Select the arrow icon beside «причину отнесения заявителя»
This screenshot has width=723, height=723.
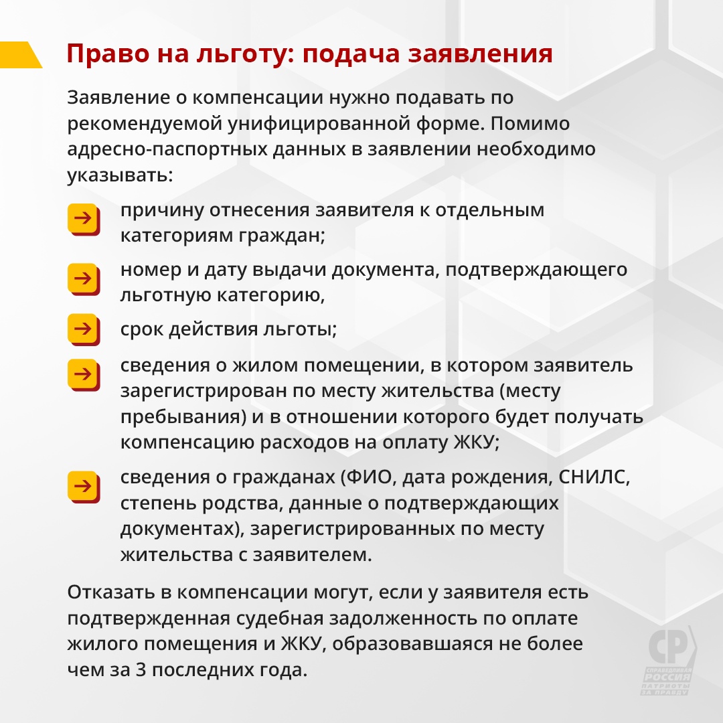pyautogui.click(x=84, y=220)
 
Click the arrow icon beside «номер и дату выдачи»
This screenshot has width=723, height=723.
pyautogui.click(x=84, y=279)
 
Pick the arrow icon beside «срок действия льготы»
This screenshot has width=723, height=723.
pyautogui.click(x=84, y=329)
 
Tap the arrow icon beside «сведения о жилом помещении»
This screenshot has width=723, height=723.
pyautogui.click(x=84, y=375)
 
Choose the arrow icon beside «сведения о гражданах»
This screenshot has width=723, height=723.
pyautogui.click(x=84, y=487)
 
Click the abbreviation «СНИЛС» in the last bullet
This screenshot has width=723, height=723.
pyautogui.click(x=594, y=477)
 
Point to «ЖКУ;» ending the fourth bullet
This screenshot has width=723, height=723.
pyautogui.click(x=477, y=443)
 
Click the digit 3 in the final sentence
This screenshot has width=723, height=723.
pyautogui.click(x=141, y=669)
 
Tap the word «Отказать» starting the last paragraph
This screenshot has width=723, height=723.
pyautogui.click(x=111, y=592)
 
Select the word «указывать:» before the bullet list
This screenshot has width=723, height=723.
pyautogui.click(x=120, y=175)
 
